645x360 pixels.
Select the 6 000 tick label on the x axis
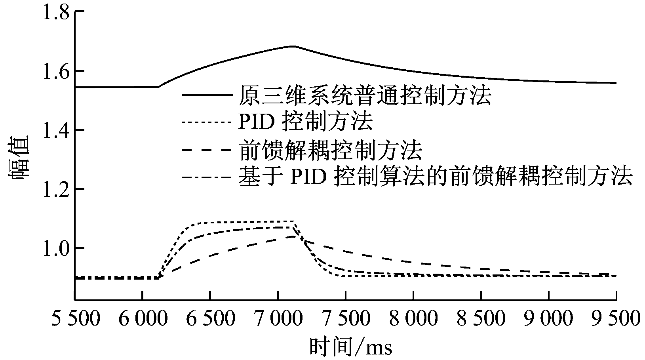[x=143, y=318]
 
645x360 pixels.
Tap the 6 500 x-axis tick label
[x=210, y=318]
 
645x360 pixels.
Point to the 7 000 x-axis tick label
[x=278, y=318]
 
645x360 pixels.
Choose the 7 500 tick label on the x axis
[x=346, y=318]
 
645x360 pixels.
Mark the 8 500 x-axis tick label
[x=481, y=318]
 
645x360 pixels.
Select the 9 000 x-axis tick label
[x=548, y=318]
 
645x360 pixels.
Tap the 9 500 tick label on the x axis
[x=616, y=318]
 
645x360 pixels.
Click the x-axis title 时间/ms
[x=350, y=347]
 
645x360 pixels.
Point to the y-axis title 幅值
[x=18, y=158]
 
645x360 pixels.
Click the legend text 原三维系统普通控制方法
[x=364, y=95]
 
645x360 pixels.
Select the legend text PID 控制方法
[x=305, y=122]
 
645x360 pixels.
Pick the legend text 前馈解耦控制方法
[x=331, y=150]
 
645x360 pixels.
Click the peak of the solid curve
[x=293, y=46]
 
